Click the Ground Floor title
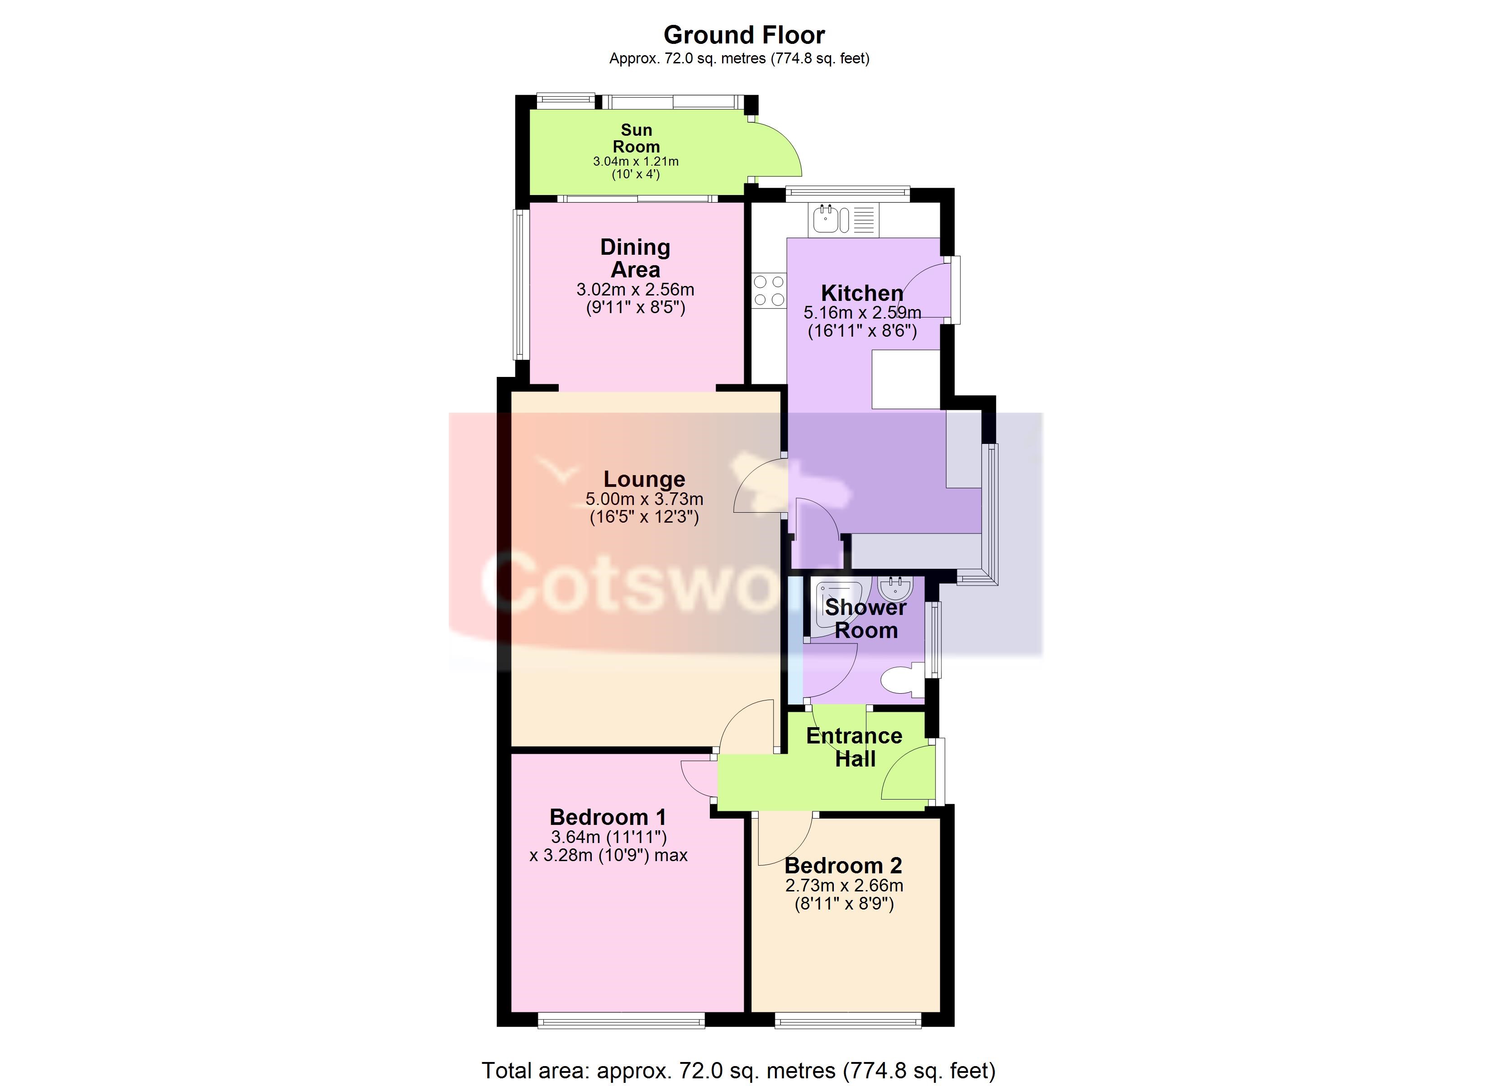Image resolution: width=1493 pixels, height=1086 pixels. (x=744, y=35)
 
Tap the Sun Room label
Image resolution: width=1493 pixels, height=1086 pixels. (x=636, y=138)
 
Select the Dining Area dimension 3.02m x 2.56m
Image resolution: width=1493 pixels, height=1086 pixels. (x=635, y=290)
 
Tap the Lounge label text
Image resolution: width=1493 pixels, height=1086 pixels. (x=644, y=480)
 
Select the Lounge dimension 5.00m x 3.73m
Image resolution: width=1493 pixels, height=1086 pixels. (x=644, y=499)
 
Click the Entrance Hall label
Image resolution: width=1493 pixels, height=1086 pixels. (x=855, y=748)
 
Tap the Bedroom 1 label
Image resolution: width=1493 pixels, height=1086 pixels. (x=608, y=817)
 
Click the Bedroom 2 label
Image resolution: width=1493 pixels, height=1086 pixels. (x=843, y=865)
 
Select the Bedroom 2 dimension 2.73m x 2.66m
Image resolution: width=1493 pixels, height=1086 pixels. (x=844, y=886)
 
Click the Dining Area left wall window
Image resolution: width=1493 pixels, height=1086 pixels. (x=521, y=285)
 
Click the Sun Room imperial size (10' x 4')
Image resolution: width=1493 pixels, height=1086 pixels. (x=636, y=175)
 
